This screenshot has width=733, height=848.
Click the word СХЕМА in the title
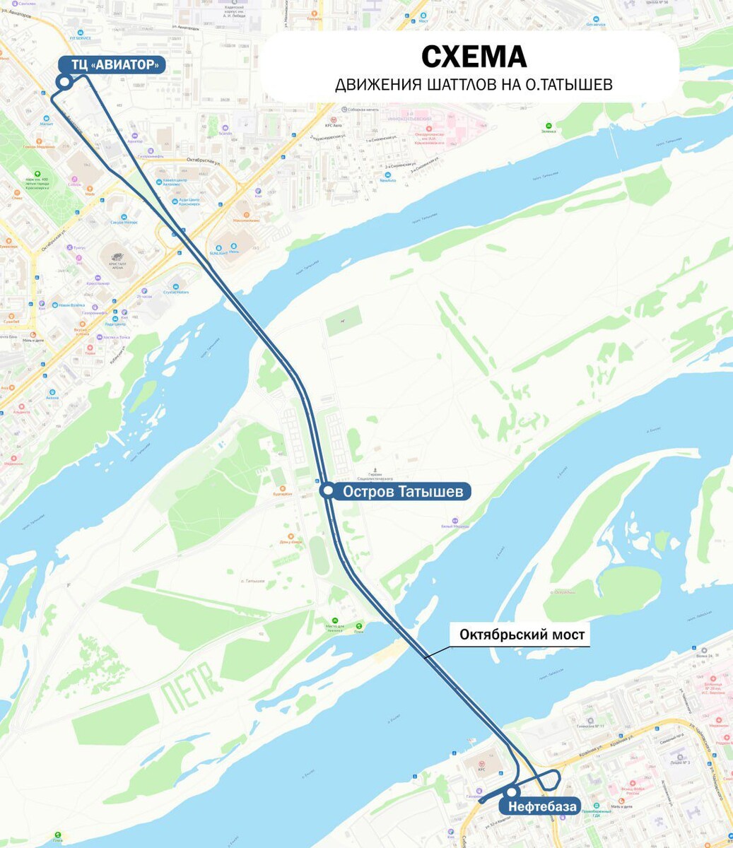click(474, 57)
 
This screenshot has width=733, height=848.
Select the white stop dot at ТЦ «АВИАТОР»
click(64, 82)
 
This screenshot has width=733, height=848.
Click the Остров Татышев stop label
click(403, 491)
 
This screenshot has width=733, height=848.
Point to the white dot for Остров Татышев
click(327, 491)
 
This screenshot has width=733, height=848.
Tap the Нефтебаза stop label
click(541, 806)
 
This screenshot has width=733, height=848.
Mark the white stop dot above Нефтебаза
click(511, 792)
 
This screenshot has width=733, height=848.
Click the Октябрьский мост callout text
click(522, 635)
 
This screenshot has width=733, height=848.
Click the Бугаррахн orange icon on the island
click(282, 489)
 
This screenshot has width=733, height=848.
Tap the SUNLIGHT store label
click(218, 252)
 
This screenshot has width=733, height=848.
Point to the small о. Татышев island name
click(252, 581)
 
